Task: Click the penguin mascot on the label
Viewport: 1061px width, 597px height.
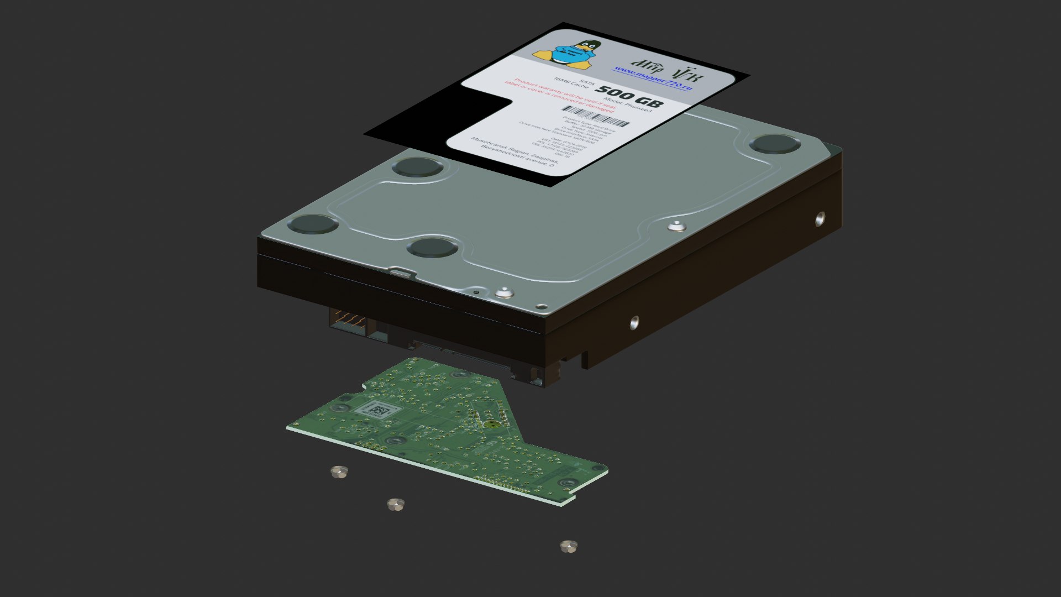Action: pos(565,54)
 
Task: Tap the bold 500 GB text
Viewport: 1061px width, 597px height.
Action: pos(629,97)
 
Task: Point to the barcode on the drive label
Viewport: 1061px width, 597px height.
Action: pos(596,116)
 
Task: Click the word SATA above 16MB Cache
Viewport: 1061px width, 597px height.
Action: pos(587,85)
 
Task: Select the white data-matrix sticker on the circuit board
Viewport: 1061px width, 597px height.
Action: pos(377,410)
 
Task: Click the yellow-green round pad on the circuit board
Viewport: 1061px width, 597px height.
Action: pos(490,425)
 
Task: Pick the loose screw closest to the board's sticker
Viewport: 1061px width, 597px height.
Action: pos(339,472)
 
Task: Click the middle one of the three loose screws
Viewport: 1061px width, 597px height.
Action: pos(396,504)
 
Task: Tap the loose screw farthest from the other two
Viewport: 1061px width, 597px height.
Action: pos(568,546)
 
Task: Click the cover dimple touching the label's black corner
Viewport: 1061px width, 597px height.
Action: pos(418,166)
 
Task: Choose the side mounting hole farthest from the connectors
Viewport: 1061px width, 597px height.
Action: pos(820,219)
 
